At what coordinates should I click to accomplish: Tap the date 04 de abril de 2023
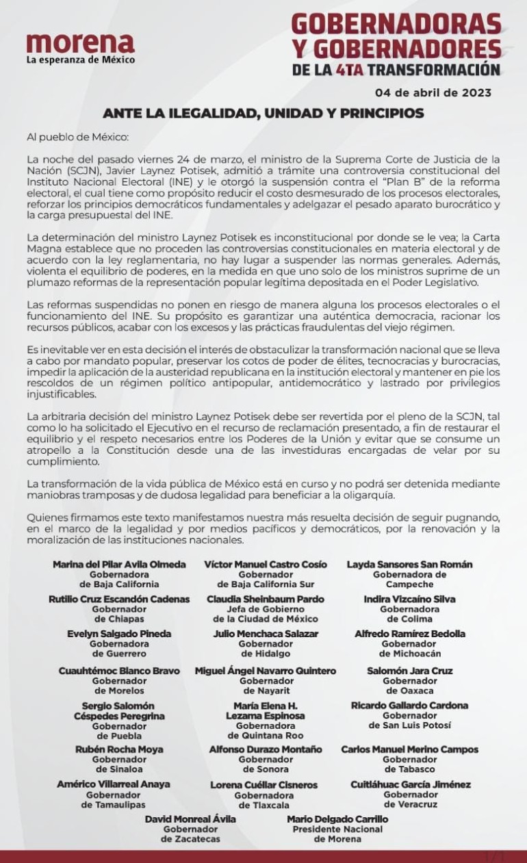[x=433, y=92]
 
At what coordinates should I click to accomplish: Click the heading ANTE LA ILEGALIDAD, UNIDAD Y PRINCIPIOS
[x=263, y=113]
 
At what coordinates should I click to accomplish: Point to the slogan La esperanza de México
[x=81, y=60]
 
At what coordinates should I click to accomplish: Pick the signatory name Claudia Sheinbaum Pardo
[x=266, y=599]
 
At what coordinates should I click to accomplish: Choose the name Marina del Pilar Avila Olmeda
[x=119, y=565]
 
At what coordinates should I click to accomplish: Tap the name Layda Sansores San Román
[x=409, y=565]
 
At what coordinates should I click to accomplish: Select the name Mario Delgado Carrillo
[x=337, y=819]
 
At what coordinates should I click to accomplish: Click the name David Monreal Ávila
[x=190, y=819]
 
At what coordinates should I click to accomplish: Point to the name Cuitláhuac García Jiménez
[x=410, y=784]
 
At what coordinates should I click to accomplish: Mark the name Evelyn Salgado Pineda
[x=119, y=634]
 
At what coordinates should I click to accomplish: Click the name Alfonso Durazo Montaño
[x=266, y=749]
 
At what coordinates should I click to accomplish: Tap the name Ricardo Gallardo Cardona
[x=409, y=705]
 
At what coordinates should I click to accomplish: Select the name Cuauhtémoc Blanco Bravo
[x=119, y=671]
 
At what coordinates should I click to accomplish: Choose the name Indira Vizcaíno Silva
[x=409, y=599]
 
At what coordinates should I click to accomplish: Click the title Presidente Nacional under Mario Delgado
[x=337, y=829]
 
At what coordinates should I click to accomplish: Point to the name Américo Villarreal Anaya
[x=113, y=784]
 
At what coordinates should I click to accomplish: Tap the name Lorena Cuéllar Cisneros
[x=263, y=785]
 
